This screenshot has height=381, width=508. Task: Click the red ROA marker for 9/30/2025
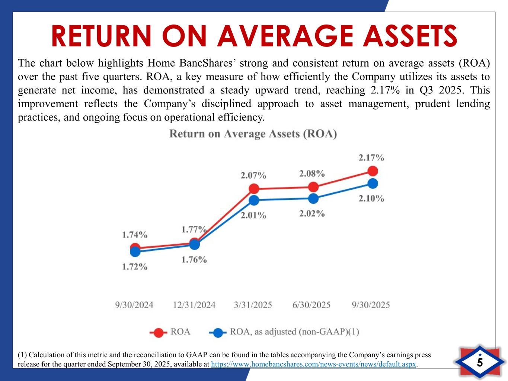click(373, 171)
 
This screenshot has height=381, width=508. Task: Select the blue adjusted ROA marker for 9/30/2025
click(373, 183)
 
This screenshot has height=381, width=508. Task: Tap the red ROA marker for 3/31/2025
click(254, 189)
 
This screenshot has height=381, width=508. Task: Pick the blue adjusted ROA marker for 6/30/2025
click(313, 199)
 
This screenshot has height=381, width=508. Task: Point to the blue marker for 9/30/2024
click(135, 252)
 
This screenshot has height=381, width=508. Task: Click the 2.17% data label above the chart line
click(371, 158)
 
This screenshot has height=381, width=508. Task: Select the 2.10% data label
click(371, 199)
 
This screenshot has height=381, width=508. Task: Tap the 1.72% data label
click(135, 267)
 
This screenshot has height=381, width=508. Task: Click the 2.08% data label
click(312, 173)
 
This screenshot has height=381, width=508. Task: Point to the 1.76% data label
click(194, 260)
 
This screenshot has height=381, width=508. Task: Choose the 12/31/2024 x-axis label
click(194, 305)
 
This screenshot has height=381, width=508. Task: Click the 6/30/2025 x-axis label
click(311, 305)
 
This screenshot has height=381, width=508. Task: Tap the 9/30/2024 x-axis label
click(134, 305)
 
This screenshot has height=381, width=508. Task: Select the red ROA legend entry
click(170, 332)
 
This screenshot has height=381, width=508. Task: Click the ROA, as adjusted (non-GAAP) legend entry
click(285, 332)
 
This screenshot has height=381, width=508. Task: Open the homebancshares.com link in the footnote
click(313, 364)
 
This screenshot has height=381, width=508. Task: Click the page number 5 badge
click(480, 362)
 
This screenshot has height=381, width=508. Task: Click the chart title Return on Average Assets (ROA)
click(253, 134)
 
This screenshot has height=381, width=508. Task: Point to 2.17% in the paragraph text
click(386, 90)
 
